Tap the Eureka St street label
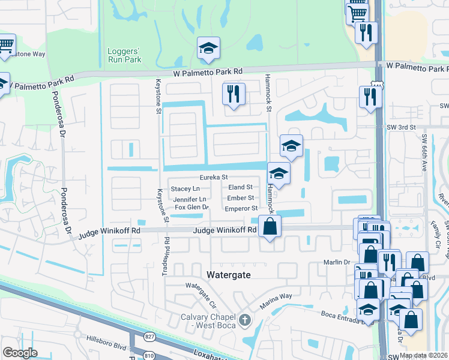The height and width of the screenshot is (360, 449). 214,178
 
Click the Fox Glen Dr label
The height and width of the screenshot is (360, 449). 191,208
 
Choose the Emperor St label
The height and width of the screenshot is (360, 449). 241,209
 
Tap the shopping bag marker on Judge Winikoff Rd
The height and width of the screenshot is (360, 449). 270,227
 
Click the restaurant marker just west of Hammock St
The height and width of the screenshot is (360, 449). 233,94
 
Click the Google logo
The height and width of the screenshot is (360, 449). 20,353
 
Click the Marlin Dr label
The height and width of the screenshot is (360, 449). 338,262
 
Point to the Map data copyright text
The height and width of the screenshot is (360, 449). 423,355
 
